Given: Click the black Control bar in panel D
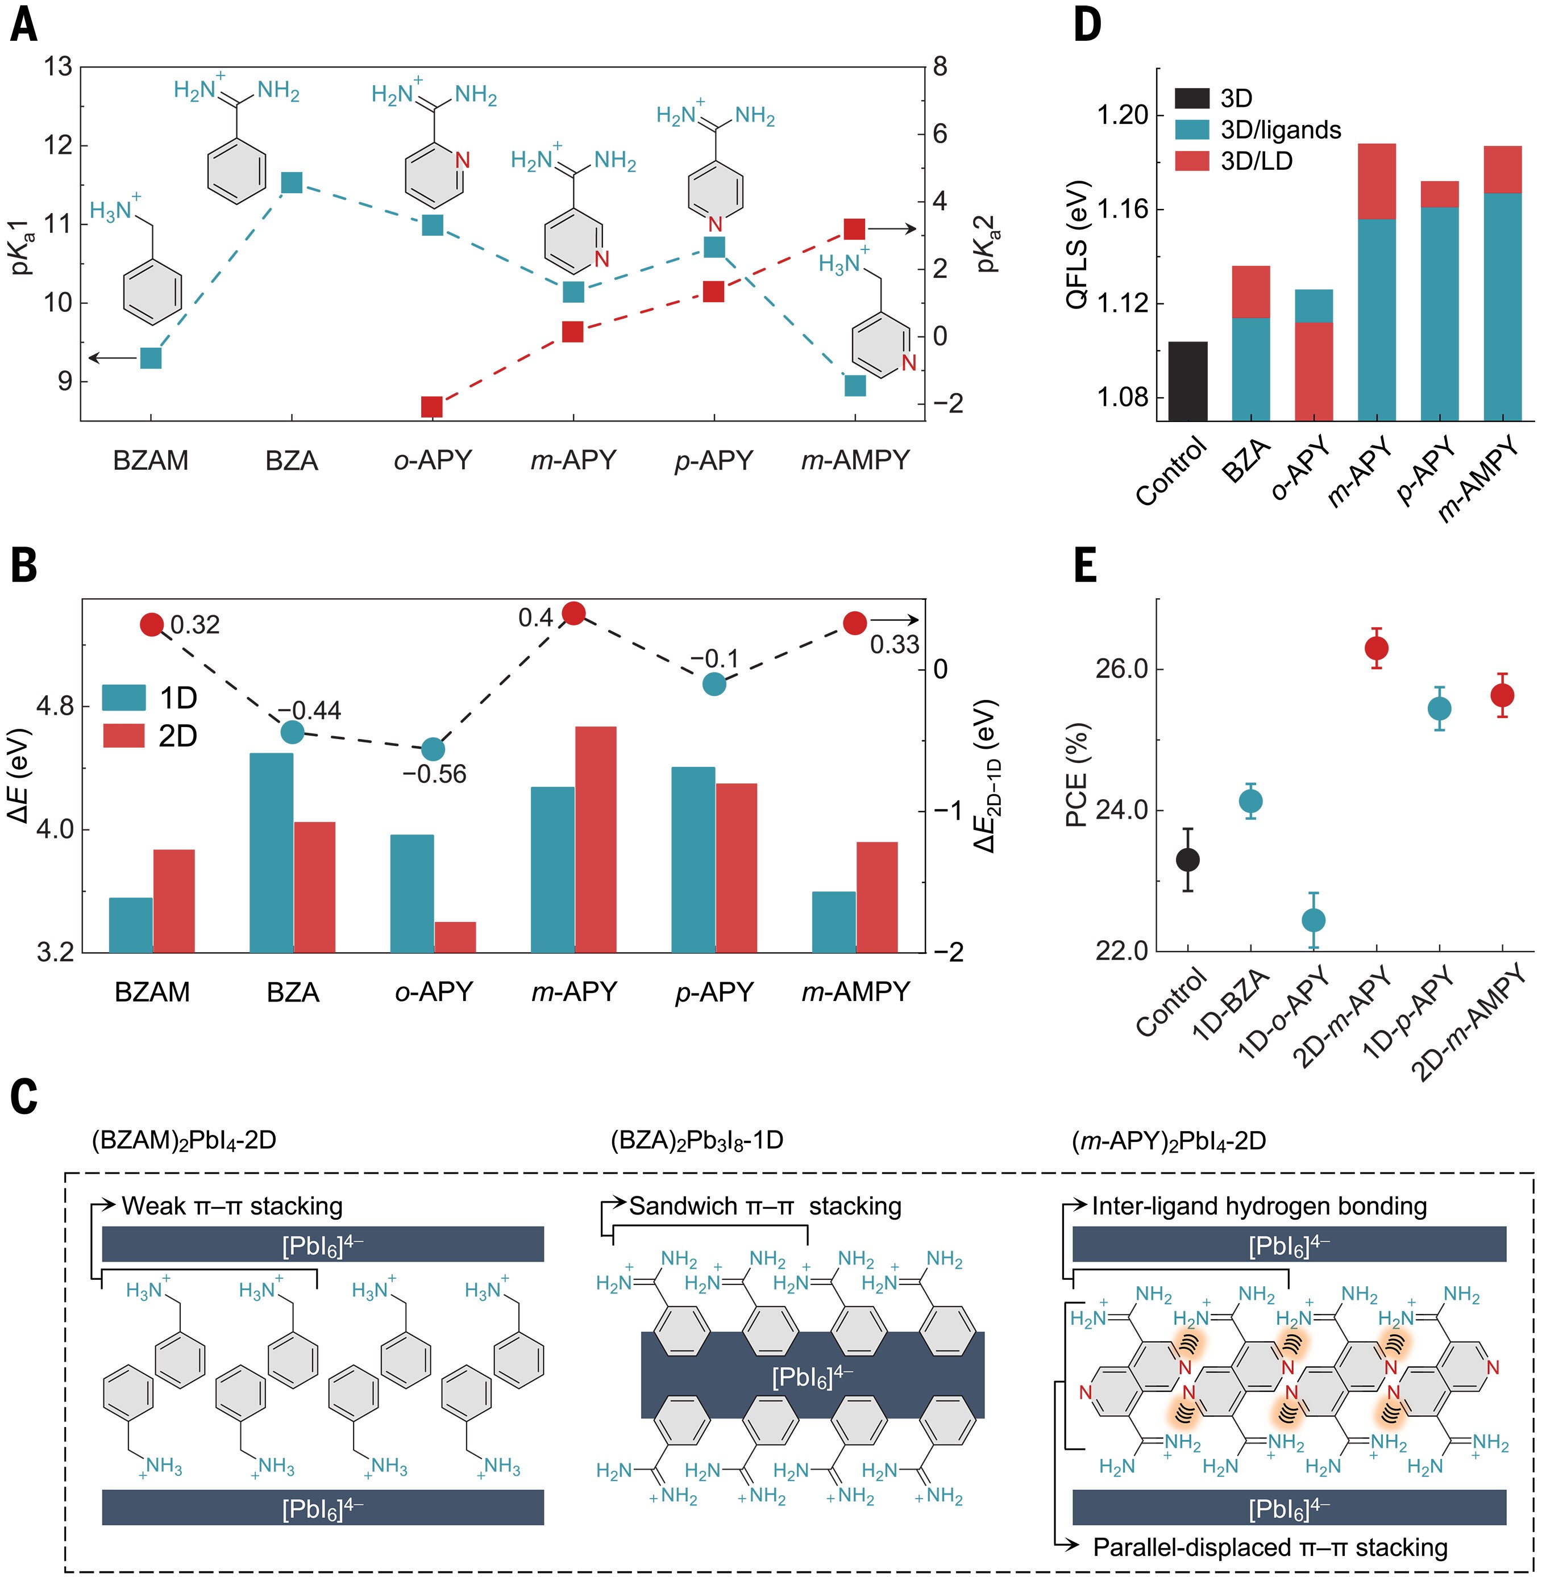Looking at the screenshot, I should [1187, 381].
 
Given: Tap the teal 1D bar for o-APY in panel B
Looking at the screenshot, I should [412, 893].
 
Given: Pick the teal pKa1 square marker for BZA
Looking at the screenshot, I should [292, 183].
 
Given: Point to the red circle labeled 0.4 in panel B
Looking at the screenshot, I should [573, 613].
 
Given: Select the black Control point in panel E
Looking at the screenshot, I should [1187, 860].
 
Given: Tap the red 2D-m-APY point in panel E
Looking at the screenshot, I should [1376, 648].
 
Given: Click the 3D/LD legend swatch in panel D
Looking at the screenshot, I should [1191, 161].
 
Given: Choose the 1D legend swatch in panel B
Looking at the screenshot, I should [124, 698].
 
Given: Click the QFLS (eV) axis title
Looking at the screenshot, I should [1077, 257].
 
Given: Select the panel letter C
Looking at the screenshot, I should [24, 1098].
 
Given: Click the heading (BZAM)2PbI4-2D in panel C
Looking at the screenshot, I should [185, 1141].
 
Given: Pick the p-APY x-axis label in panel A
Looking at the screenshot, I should [713, 461].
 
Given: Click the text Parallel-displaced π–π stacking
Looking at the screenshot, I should [1269, 1547].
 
